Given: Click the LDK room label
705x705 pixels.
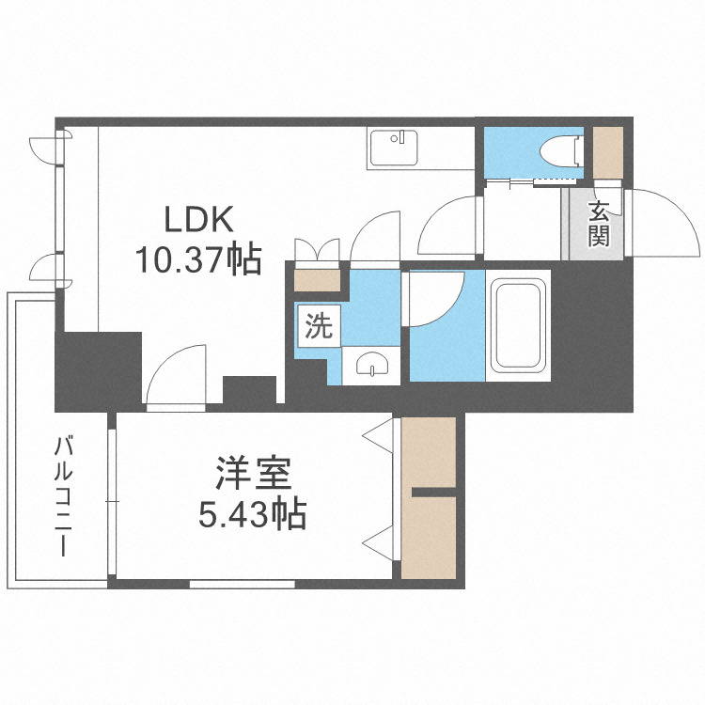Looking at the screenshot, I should (x=197, y=221).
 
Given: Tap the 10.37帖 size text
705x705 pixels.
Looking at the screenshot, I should (x=197, y=258).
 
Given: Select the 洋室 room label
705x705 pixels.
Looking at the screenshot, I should (x=249, y=473).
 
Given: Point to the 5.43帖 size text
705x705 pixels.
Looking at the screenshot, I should (x=249, y=513).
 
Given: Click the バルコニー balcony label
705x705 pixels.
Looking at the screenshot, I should (x=64, y=496).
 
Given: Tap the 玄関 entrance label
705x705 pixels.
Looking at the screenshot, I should (x=599, y=224).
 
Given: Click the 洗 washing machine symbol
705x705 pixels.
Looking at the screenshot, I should (x=319, y=327).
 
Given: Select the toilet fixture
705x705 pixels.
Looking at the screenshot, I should (x=562, y=151).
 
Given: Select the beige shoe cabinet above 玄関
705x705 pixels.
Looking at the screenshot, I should (x=607, y=150).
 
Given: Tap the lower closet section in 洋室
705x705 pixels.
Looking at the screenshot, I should (x=428, y=536).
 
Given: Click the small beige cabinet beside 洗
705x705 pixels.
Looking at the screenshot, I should (x=316, y=280).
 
